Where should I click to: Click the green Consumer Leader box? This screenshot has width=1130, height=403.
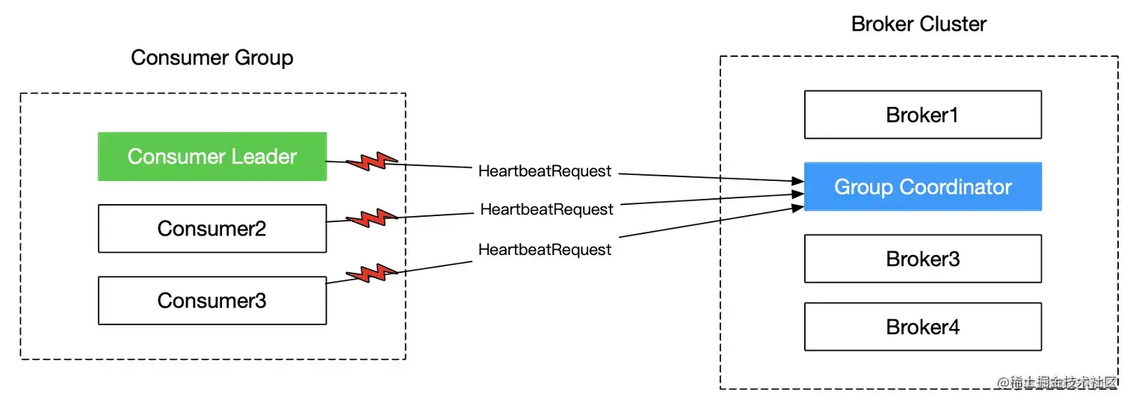coord(212,156)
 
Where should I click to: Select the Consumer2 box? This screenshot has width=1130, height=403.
coord(212,228)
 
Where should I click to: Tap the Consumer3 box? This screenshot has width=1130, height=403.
coord(212,301)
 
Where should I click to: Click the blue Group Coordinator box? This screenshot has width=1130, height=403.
coord(922,187)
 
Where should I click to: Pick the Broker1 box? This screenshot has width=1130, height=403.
coord(922,114)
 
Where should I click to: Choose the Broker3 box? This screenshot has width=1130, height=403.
coord(922,259)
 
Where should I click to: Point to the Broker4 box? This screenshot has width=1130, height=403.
coord(922,327)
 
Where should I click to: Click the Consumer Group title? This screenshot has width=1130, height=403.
coord(212,58)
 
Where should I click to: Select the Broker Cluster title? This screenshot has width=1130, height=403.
coord(918,24)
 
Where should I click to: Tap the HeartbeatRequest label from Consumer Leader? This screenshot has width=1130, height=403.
coord(545,171)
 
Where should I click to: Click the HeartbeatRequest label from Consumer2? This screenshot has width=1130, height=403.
coord(546,209)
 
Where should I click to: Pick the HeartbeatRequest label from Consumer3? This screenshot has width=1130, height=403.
coord(545,250)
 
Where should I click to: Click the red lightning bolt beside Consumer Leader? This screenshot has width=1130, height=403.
coord(369,161)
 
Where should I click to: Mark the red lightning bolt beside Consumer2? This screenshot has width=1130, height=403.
coord(369,218)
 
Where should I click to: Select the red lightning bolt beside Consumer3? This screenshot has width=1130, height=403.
coord(369,274)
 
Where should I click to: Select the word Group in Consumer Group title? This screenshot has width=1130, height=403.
coord(261,58)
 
